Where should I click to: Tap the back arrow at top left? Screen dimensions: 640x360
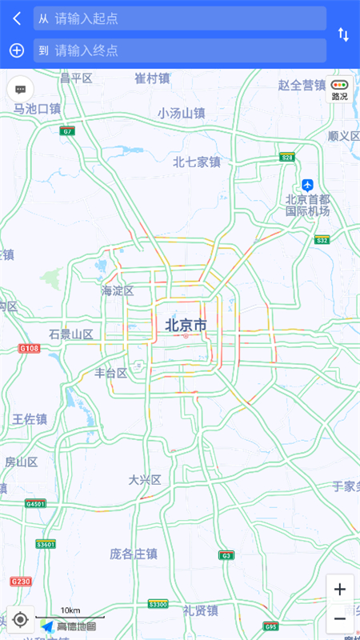pyautogui.click(x=17, y=18)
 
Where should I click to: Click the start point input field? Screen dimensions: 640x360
pyautogui.click(x=179, y=18)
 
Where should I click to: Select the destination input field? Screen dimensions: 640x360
pyautogui.click(x=179, y=50)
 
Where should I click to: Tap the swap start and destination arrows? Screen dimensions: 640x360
pyautogui.click(x=343, y=34)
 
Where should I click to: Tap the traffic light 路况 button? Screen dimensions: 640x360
pyautogui.click(x=340, y=89)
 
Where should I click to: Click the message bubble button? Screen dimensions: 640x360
pyautogui.click(x=21, y=90)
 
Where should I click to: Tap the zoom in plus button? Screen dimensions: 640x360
pyautogui.click(x=340, y=590)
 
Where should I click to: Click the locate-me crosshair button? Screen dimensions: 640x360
pyautogui.click(x=21, y=620)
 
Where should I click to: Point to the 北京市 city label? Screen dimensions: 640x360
pyautogui.click(x=186, y=326)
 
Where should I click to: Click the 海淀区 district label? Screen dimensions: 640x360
pyautogui.click(x=118, y=290)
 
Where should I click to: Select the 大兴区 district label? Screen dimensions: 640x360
pyautogui.click(x=145, y=480)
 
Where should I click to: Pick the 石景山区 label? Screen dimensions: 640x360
pyautogui.click(x=71, y=334)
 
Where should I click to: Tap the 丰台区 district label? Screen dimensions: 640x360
pyautogui.click(x=111, y=373)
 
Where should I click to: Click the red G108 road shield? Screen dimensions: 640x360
pyautogui.click(x=30, y=349)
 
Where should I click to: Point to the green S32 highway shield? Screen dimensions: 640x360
pyautogui.click(x=322, y=239)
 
